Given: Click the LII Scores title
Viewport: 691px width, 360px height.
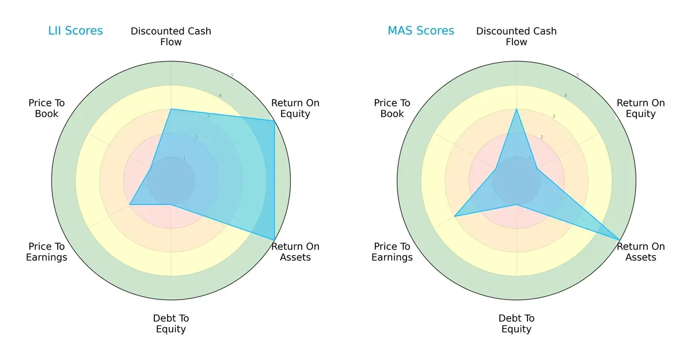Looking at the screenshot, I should [75, 31].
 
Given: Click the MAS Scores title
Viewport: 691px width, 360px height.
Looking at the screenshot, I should [420, 31].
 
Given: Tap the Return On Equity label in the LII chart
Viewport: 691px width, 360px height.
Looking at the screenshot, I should [295, 108].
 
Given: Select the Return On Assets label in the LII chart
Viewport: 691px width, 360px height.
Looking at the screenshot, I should [295, 252].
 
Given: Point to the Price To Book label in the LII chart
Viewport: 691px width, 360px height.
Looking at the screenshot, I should [47, 108].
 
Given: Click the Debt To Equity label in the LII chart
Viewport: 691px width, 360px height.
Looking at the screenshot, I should [171, 324].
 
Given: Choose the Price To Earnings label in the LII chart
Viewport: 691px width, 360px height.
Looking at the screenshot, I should [47, 252].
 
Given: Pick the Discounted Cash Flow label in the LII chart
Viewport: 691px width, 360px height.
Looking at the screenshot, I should [171, 36].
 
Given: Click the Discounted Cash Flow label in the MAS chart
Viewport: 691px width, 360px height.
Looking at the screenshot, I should [516, 36].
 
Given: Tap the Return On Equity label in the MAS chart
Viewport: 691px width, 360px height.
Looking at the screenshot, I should [640, 108].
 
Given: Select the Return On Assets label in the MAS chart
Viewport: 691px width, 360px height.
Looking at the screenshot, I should [640, 252].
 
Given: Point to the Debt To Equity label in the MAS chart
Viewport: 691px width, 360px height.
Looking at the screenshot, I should [516, 324].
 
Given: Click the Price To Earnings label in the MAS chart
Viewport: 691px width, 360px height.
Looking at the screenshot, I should [392, 252].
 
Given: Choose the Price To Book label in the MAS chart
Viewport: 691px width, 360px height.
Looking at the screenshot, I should [392, 108].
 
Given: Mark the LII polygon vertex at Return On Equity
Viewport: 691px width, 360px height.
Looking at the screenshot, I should [274, 120].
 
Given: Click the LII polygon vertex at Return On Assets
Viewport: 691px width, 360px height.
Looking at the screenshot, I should [274, 240].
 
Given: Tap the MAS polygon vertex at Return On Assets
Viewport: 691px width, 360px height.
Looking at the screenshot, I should [620, 240].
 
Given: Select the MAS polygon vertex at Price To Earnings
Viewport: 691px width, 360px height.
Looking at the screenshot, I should [454, 216].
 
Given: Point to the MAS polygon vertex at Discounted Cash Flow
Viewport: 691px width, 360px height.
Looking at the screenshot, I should [517, 109].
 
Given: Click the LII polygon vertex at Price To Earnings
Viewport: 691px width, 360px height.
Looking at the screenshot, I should [130, 204].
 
